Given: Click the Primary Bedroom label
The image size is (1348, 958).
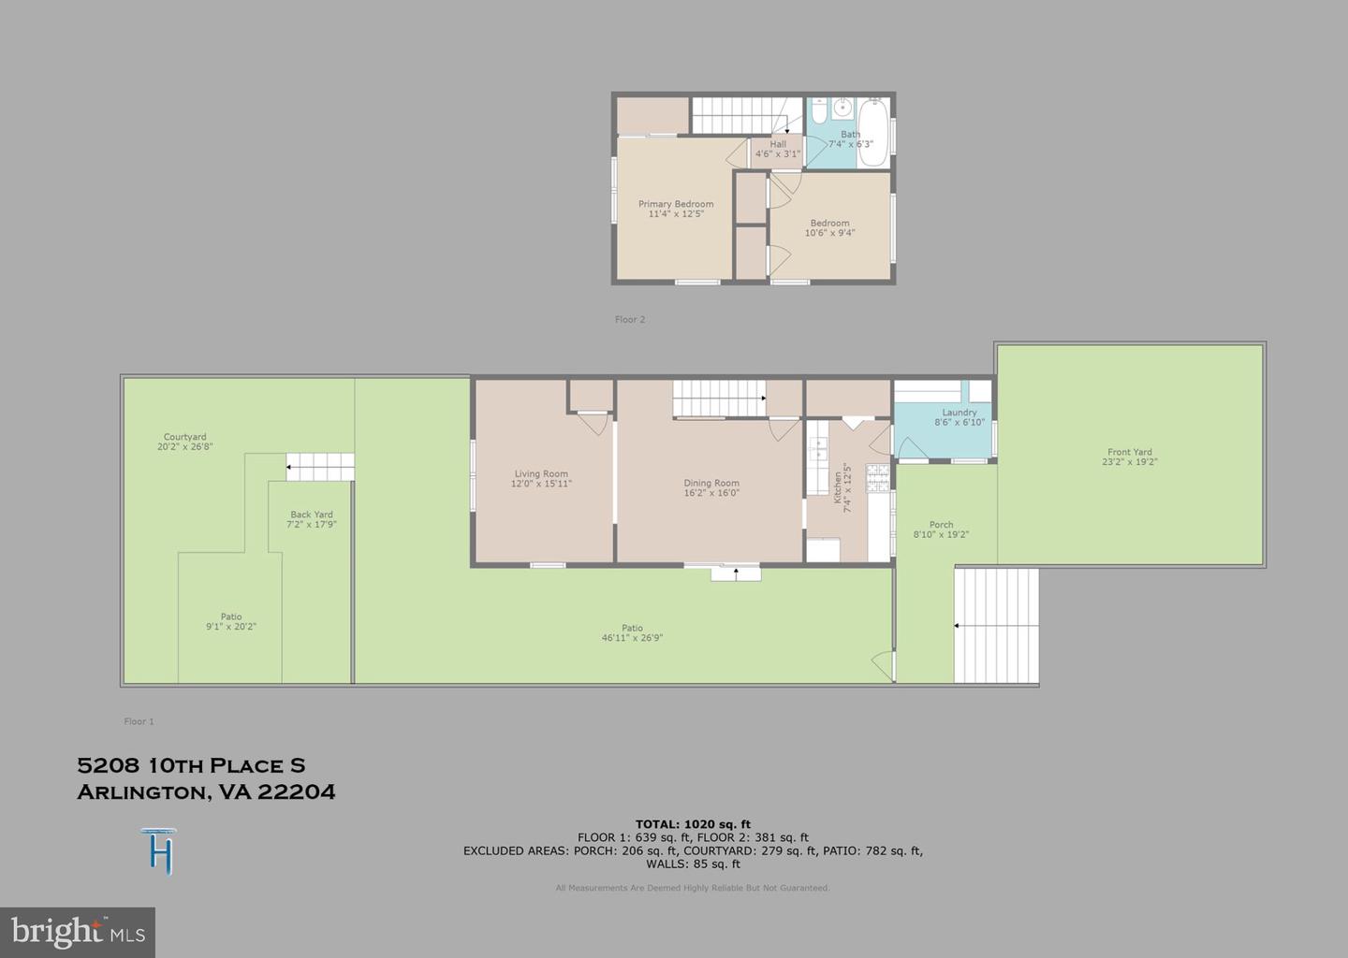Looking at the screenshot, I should [x=676, y=204].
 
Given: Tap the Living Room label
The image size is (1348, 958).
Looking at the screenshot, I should [x=541, y=473].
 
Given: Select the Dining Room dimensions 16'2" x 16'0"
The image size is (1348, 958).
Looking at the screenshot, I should [x=711, y=493].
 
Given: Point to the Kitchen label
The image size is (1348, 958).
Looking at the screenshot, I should [x=838, y=488].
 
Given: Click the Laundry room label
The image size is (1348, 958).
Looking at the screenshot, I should [x=960, y=413].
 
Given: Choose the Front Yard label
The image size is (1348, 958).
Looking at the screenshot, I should [x=1130, y=452].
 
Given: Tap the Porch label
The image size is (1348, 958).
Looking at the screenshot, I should [x=941, y=525].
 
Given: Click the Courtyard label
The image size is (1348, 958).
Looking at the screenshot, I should [x=185, y=437].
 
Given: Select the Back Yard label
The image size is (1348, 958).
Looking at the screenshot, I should [x=312, y=515].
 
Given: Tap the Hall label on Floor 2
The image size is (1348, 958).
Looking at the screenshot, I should [x=778, y=144].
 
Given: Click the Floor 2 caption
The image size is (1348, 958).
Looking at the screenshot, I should [x=630, y=320].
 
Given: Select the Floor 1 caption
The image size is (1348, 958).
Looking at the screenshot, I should [x=139, y=721].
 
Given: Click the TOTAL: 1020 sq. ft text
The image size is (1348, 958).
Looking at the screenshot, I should [x=693, y=824].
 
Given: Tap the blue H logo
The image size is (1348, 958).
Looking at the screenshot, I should [x=160, y=851].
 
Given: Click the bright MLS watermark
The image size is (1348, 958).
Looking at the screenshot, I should [x=78, y=932].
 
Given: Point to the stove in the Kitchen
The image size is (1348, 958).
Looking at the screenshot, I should [x=877, y=478].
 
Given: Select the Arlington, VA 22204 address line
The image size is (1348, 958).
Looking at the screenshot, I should [x=206, y=792].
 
